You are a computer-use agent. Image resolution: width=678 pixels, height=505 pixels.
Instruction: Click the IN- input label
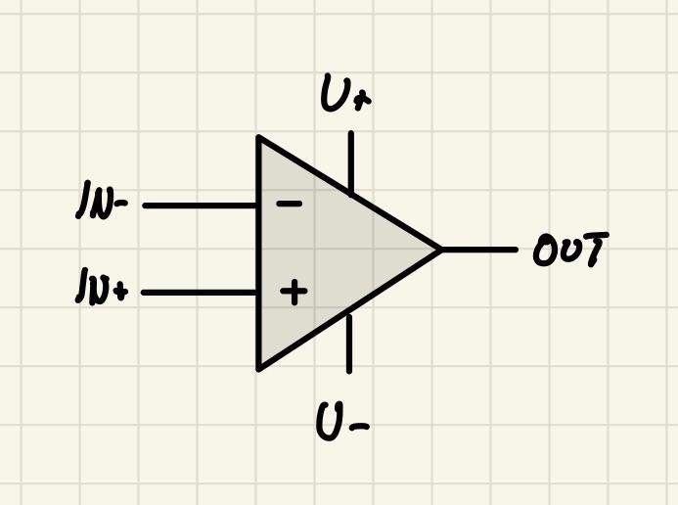[x=102, y=201]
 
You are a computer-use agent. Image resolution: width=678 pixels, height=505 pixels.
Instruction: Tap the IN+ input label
[x=102, y=286]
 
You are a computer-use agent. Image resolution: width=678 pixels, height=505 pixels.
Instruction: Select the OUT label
[x=571, y=249]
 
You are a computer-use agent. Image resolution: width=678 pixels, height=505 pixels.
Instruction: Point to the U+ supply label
[x=345, y=93]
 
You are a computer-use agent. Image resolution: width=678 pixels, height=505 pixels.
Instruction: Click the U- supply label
[x=342, y=421]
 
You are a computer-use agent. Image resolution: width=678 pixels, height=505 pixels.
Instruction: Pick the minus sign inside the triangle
[x=290, y=204]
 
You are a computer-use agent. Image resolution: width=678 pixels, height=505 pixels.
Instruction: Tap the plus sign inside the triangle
[x=294, y=292]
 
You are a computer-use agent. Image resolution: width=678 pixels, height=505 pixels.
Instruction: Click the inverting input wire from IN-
[x=200, y=206]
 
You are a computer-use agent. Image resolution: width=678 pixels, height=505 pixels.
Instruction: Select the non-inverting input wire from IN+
[x=200, y=293]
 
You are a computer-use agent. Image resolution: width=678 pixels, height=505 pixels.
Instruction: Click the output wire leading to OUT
[x=479, y=250]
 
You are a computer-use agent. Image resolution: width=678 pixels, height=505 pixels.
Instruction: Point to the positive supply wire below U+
[x=350, y=161]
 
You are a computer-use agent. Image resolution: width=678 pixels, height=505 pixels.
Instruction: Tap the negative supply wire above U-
[x=349, y=344]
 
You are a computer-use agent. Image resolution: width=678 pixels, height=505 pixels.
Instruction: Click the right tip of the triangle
[x=441, y=250]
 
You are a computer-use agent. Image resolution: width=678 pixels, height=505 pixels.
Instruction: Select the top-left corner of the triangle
[x=258, y=137]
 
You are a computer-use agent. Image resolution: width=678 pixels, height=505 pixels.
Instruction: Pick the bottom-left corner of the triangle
[x=258, y=369]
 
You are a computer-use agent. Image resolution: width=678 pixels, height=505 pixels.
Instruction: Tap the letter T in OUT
[x=596, y=249]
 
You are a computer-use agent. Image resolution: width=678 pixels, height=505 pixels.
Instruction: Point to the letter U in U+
[x=334, y=93]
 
